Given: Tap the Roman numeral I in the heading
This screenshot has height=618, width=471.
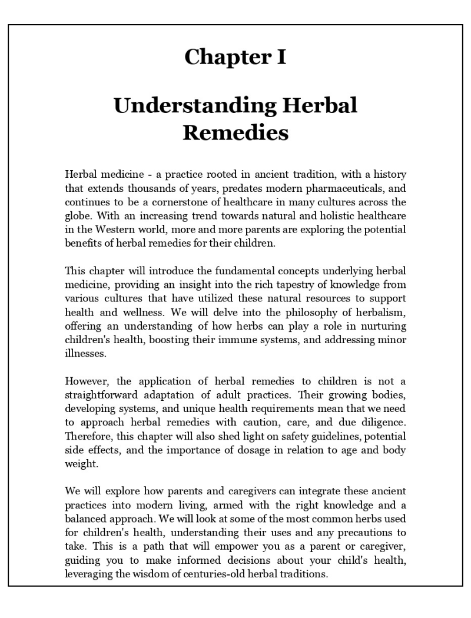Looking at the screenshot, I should [281, 57].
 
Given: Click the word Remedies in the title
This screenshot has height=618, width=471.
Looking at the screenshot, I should [235, 132].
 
